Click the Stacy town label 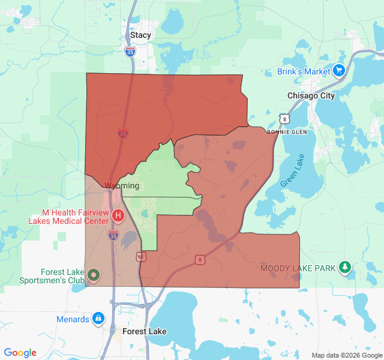coord(141,35)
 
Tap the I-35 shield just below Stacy coord(131,52)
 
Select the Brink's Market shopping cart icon coord(339,71)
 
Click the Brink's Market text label coord(304,71)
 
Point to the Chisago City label coord(311,96)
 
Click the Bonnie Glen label coord(286,131)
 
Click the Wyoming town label coord(122,186)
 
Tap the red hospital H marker coord(118,215)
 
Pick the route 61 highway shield coord(140,257)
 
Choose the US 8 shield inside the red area coord(199,260)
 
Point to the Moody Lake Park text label coord(298,268)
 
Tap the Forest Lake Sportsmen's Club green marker coord(93,275)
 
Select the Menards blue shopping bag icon coord(98,319)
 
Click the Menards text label coord(73,319)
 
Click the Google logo coord(20,353)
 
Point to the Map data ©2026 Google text coord(346,355)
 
